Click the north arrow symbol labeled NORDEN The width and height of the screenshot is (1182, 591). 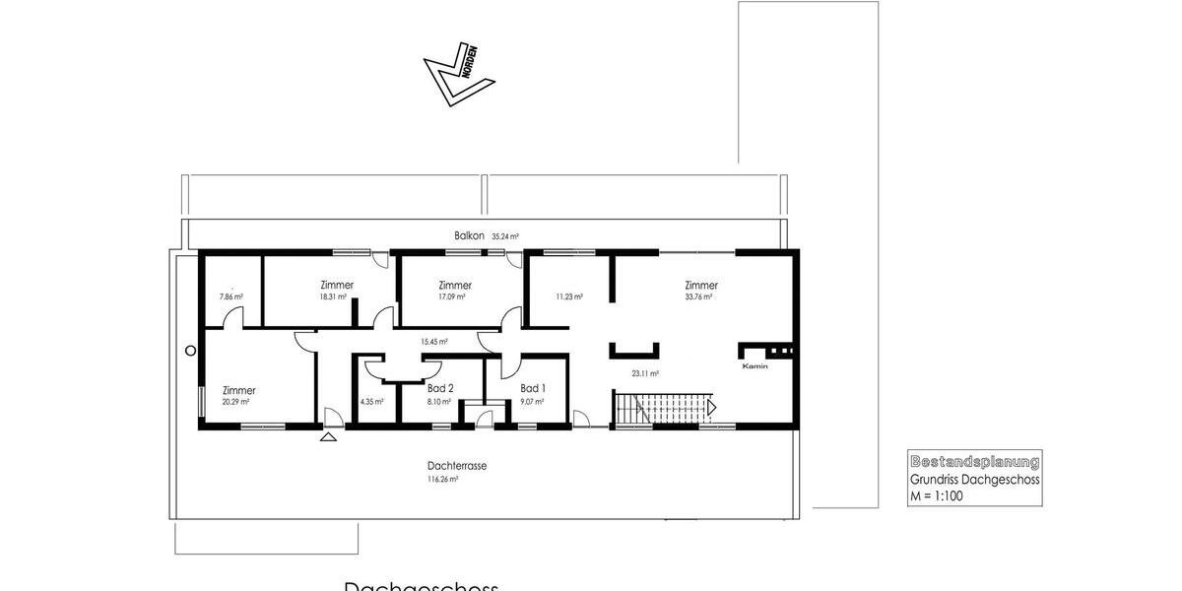pyautogui.click(x=452, y=75)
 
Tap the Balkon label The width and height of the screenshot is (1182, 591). pyautogui.click(x=469, y=235)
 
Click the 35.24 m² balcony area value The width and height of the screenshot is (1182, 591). pyautogui.click(x=505, y=236)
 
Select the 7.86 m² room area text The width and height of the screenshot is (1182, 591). pyautogui.click(x=230, y=296)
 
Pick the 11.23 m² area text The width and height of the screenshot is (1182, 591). pyautogui.click(x=569, y=295)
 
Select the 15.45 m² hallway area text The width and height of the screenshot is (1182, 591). pyautogui.click(x=434, y=342)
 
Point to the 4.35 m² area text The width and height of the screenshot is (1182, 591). pyautogui.click(x=371, y=402)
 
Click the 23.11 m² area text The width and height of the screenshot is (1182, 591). pyautogui.click(x=645, y=374)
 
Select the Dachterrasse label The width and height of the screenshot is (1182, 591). pyautogui.click(x=457, y=466)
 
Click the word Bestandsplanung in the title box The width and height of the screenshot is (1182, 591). pyautogui.click(x=974, y=461)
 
